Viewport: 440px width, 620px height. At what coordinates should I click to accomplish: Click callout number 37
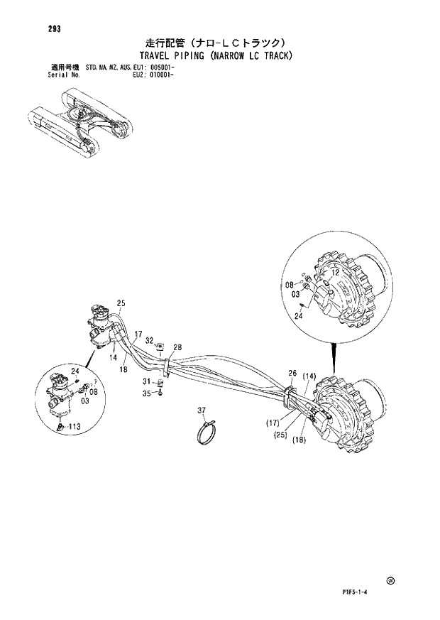pyautogui.click(x=202, y=410)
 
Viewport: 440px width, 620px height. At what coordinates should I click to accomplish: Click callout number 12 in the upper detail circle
pyautogui.click(x=335, y=273)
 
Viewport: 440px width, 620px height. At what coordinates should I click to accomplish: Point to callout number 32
pyautogui.click(x=150, y=341)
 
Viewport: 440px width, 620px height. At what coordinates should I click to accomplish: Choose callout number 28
pyautogui.click(x=177, y=347)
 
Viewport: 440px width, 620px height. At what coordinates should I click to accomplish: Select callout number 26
pyautogui.click(x=292, y=374)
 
